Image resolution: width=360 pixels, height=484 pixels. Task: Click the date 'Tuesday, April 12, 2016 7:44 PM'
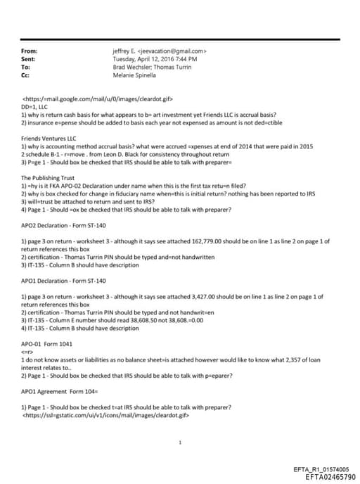tap(155, 59)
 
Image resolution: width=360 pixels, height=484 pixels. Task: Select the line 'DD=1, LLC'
tap(37, 107)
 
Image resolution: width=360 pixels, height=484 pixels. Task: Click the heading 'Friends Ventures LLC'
tap(50, 140)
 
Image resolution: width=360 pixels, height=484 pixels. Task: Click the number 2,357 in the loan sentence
tap(292, 360)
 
